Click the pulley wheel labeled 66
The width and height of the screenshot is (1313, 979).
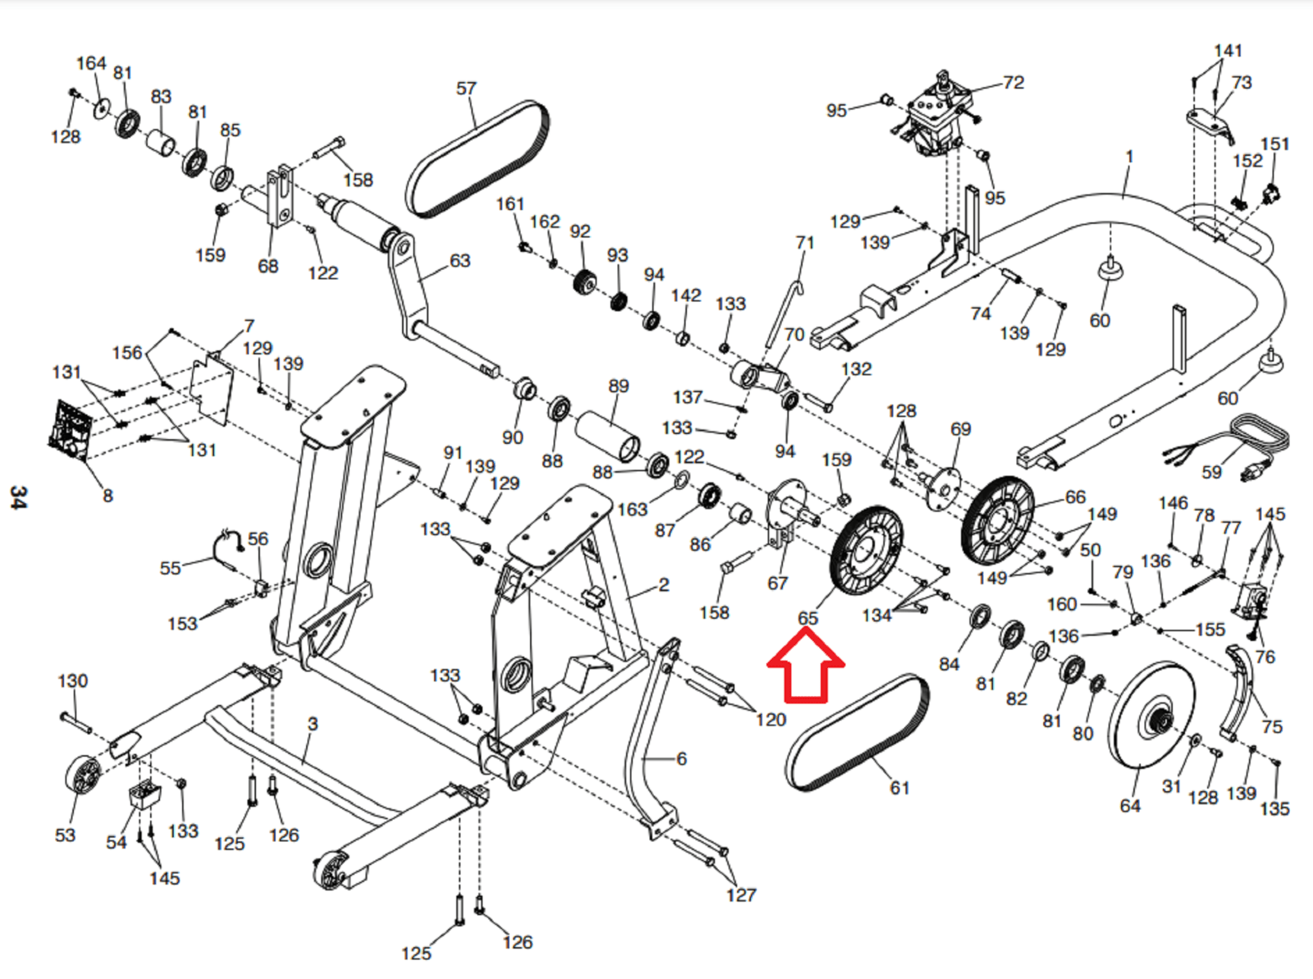click(998, 520)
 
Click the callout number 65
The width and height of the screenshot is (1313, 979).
click(807, 618)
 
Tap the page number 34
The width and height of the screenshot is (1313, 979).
click(18, 498)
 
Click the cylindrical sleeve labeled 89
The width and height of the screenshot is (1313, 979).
click(606, 436)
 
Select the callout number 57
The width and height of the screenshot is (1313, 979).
click(466, 88)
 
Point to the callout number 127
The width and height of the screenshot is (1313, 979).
click(741, 894)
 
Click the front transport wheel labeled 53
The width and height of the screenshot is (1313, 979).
click(81, 775)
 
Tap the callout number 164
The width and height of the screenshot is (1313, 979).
click(91, 63)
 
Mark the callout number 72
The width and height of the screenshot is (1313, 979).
click(1013, 82)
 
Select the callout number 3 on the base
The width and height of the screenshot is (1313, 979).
click(313, 724)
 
